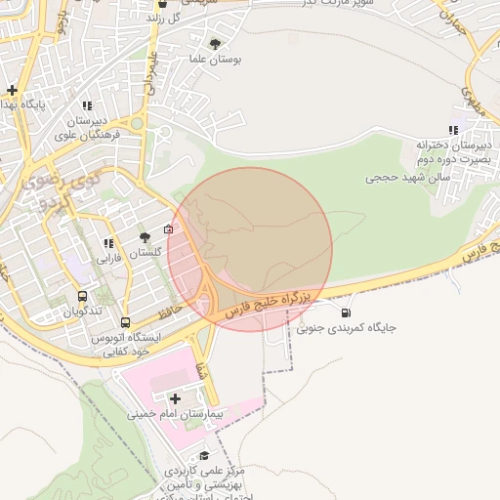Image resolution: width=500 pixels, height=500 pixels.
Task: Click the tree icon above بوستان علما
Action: point(215,43)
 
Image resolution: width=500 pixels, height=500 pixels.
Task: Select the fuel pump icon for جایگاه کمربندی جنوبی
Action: point(347,312)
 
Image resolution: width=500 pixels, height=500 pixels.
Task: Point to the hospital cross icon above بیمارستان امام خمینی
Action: point(176,398)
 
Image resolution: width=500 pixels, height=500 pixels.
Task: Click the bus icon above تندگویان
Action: point(82,296)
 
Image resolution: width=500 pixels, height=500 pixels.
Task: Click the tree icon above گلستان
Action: point(145,237)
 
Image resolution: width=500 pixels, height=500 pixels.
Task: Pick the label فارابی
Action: point(107,260)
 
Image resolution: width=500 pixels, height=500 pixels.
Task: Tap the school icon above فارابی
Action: point(107,243)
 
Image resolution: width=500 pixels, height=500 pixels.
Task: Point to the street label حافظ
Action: point(171,312)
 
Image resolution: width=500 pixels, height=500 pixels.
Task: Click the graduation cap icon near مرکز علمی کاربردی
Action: point(204,456)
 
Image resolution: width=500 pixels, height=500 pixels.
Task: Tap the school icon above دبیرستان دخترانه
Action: point(452,130)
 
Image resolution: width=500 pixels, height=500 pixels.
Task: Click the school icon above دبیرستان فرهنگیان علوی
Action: point(87,105)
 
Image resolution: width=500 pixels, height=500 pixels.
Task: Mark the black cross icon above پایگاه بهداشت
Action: point(12,90)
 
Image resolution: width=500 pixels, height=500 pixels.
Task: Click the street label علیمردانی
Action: point(150,73)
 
